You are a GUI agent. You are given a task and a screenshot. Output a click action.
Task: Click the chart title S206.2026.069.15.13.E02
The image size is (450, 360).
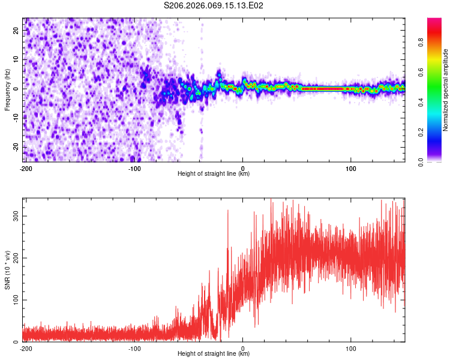(x=214, y=6)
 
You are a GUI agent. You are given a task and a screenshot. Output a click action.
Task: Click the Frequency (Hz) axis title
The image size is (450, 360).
(x=8, y=90)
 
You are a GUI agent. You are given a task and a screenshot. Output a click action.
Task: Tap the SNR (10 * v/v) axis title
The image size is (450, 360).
(x=8, y=269)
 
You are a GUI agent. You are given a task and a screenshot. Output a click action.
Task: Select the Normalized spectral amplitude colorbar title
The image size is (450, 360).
(x=446, y=90)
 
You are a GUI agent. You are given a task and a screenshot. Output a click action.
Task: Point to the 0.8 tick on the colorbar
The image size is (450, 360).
(x=421, y=43)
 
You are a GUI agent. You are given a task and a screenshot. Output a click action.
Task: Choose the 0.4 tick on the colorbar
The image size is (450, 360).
(x=421, y=103)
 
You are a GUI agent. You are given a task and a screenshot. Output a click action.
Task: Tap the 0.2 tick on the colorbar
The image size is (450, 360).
(x=421, y=132)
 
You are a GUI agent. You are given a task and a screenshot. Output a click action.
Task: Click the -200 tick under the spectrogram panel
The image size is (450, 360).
(x=26, y=167)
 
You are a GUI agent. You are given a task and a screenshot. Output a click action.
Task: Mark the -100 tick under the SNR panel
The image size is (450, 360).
(x=134, y=347)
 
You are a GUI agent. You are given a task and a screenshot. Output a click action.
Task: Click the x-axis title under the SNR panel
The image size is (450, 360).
(x=214, y=354)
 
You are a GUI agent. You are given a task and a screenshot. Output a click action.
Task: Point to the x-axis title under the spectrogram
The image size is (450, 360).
(x=214, y=174)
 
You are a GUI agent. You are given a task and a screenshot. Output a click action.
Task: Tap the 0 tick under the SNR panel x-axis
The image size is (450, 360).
(x=243, y=347)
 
